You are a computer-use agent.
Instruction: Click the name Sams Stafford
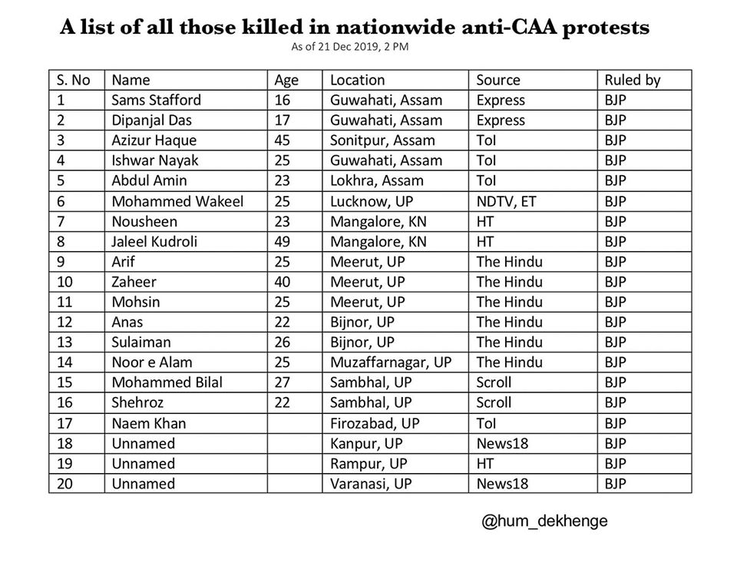point(157,100)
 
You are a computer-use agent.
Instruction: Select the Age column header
point(286,80)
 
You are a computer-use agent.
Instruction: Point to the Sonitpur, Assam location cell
point(382,141)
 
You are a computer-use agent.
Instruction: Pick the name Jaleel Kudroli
point(154,241)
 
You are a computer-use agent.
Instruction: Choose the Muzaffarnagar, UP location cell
point(391,362)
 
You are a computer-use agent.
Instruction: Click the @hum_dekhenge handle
point(544,521)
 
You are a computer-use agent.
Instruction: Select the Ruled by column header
point(633,80)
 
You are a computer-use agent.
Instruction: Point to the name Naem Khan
point(149,423)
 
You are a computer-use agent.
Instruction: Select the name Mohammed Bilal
point(167,382)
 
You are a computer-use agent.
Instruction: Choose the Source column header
point(498,80)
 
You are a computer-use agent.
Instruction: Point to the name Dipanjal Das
point(152,121)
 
